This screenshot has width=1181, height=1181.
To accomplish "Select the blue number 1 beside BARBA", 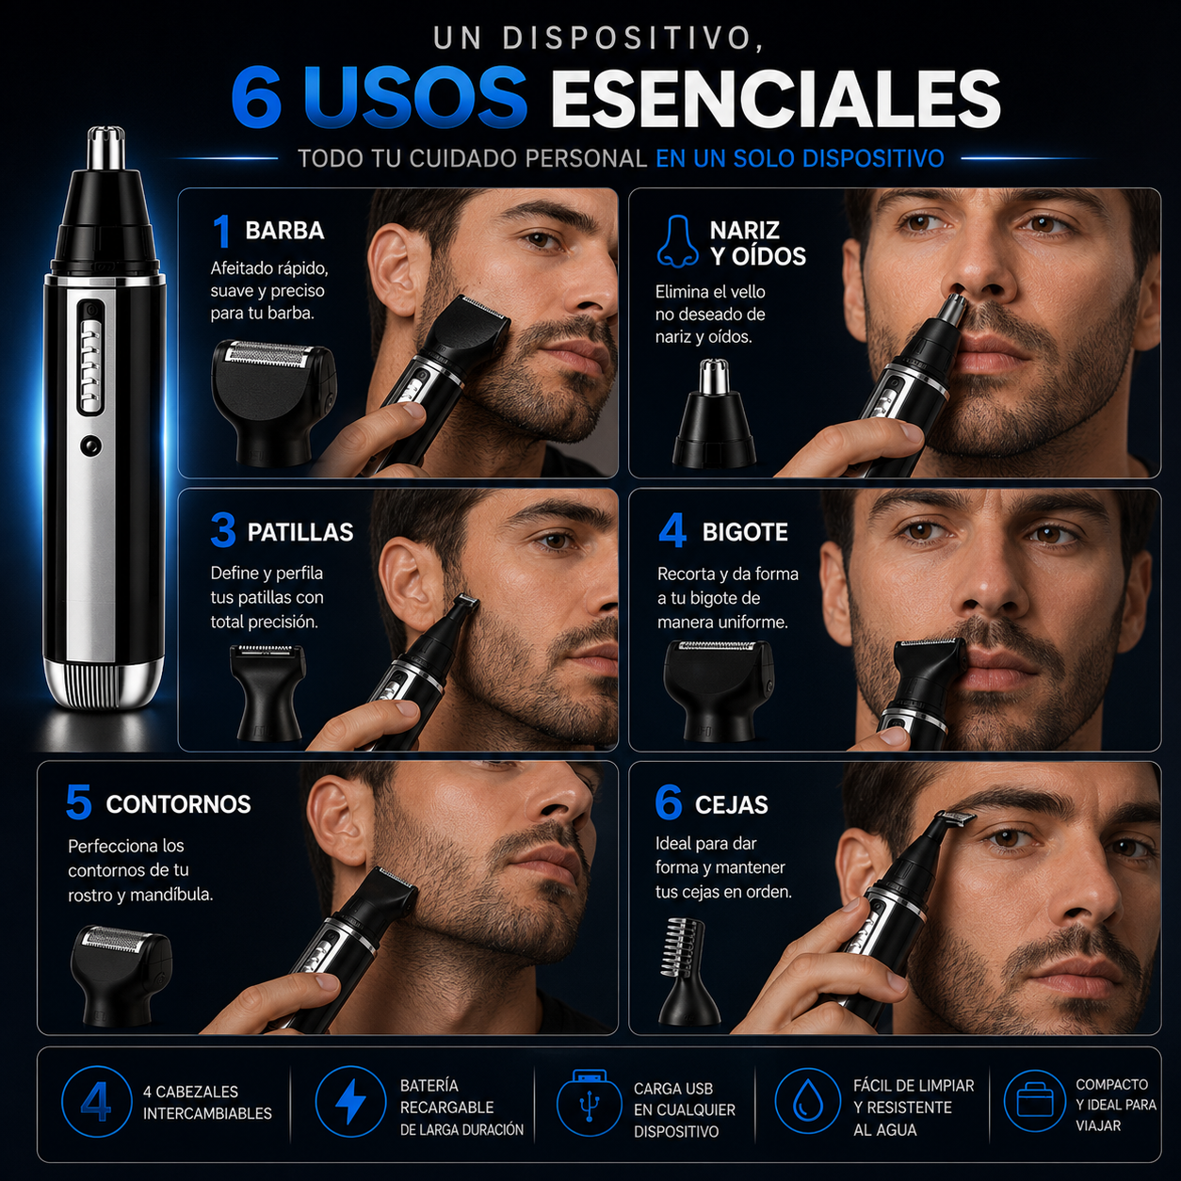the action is click(x=222, y=231).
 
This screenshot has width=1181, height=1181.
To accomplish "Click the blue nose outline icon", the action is click(x=677, y=241).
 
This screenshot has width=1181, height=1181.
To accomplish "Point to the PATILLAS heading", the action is click(x=300, y=532).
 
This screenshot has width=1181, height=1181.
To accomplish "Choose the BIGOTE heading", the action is click(x=745, y=532).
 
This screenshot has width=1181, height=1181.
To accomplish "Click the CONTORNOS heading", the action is click(x=178, y=804).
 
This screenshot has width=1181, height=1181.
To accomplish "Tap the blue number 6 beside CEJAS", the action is click(x=668, y=802).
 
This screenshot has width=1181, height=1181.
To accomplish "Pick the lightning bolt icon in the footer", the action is click(x=350, y=1101).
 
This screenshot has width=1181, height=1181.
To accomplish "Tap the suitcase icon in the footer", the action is click(x=1034, y=1101).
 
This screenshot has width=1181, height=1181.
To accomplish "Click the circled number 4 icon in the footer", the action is click(x=96, y=1101).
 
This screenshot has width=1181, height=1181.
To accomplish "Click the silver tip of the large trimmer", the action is click(x=105, y=148).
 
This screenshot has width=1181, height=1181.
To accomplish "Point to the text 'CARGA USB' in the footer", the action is click(x=673, y=1089).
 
